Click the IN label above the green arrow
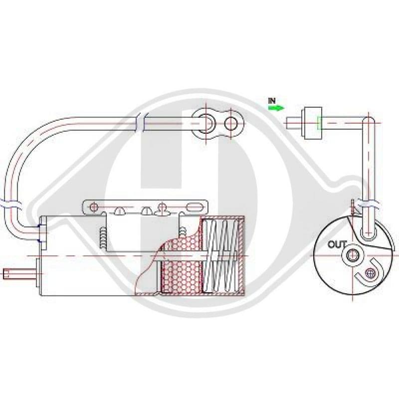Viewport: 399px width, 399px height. pos(272,101)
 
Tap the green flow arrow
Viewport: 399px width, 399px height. pos(276,108)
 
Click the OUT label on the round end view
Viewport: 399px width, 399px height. pos(337,244)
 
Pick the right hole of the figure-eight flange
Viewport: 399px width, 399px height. pos(231,124)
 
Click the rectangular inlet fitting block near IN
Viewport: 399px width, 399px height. pos(312,123)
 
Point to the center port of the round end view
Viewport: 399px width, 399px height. pos(353,255)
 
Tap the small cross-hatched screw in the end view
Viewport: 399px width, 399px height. pos(370,273)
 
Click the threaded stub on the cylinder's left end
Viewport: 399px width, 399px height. pos(19,274)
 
